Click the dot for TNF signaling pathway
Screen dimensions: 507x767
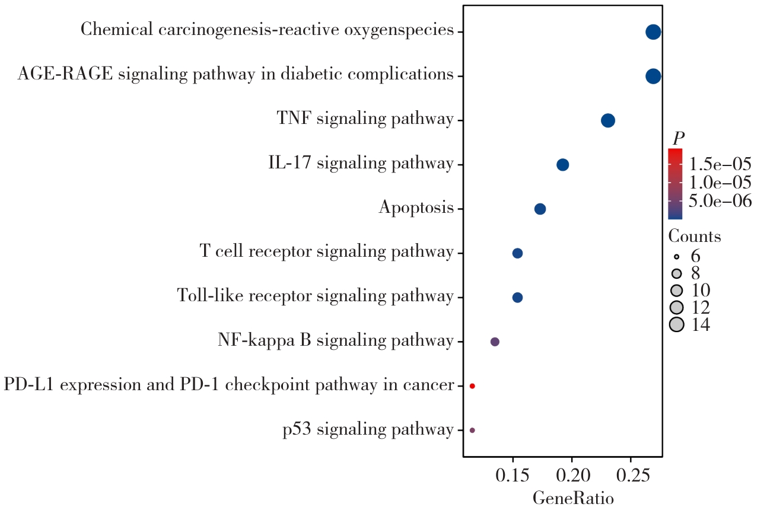click(607, 120)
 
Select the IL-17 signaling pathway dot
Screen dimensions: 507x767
click(563, 165)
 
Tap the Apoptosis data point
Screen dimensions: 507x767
click(540, 209)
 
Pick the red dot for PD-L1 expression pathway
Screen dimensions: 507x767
click(472, 386)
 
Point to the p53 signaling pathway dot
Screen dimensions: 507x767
click(472, 430)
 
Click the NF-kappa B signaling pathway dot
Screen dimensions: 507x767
click(495, 342)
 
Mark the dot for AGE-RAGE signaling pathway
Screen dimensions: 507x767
click(653, 76)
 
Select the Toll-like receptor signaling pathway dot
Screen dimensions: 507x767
click(517, 297)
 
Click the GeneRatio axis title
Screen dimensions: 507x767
click(572, 498)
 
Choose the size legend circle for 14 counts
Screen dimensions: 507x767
click(676, 324)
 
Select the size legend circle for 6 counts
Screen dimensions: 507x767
click(676, 257)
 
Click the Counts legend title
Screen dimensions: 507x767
click(695, 237)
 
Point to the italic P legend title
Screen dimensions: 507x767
click(678, 139)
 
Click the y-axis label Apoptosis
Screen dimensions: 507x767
click(416, 209)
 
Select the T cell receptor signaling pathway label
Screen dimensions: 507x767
click(327, 253)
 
